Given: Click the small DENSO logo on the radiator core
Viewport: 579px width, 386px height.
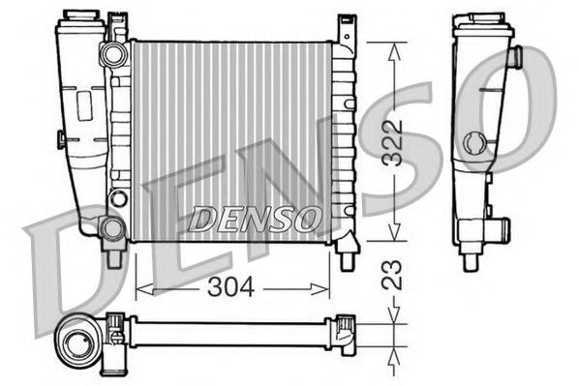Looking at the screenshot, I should click(x=255, y=220).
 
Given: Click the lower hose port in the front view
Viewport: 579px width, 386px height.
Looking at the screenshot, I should click(x=112, y=228).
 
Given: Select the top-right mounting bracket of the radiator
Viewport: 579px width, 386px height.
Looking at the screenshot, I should click(x=345, y=28).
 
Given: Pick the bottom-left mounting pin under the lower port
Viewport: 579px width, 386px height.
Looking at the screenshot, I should click(x=114, y=257).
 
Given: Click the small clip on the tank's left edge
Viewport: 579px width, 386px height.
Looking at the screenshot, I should click(x=62, y=138).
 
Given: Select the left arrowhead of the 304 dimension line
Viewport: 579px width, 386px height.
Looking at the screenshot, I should click(x=138, y=287).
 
